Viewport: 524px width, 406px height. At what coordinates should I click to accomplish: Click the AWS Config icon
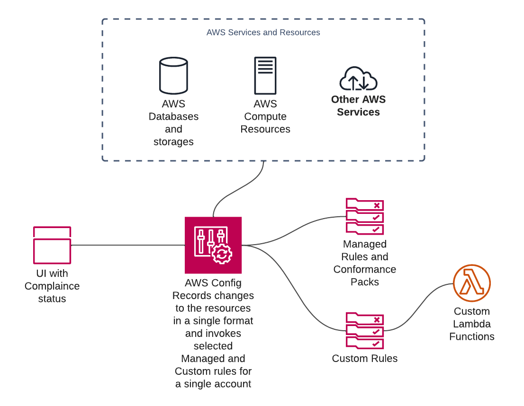pyautogui.click(x=213, y=245)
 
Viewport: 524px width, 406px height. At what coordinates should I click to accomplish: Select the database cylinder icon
pyautogui.click(x=173, y=76)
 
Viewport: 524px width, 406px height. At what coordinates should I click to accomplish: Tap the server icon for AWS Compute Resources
pyautogui.click(x=265, y=76)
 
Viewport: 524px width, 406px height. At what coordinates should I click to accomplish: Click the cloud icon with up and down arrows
pyautogui.click(x=358, y=79)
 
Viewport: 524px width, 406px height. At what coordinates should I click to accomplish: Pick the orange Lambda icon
pyautogui.click(x=471, y=283)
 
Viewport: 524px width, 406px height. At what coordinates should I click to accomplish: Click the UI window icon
pyautogui.click(x=52, y=245)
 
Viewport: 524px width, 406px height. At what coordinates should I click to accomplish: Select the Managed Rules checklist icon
pyautogui.click(x=364, y=216)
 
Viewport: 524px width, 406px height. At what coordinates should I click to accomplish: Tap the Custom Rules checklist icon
pyautogui.click(x=364, y=330)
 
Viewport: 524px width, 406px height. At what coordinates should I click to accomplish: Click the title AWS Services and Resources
pyautogui.click(x=263, y=33)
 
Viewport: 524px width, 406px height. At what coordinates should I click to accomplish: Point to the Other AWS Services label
pyautogui.click(x=358, y=106)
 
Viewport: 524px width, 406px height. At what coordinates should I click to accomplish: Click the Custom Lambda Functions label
pyautogui.click(x=471, y=324)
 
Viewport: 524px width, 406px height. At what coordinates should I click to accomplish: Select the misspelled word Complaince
pyautogui.click(x=52, y=286)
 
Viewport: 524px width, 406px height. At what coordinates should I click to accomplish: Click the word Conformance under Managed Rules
pyautogui.click(x=364, y=269)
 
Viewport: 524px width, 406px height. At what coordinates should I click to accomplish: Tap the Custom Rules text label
pyautogui.click(x=364, y=359)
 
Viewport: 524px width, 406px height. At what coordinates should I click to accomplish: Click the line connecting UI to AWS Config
pyautogui.click(x=128, y=245)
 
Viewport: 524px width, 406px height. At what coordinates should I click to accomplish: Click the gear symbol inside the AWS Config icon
pyautogui.click(x=222, y=254)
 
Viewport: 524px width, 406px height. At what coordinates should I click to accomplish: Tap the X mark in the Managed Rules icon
pyautogui.click(x=377, y=205)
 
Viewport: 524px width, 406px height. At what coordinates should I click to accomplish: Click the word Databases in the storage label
pyautogui.click(x=173, y=116)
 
